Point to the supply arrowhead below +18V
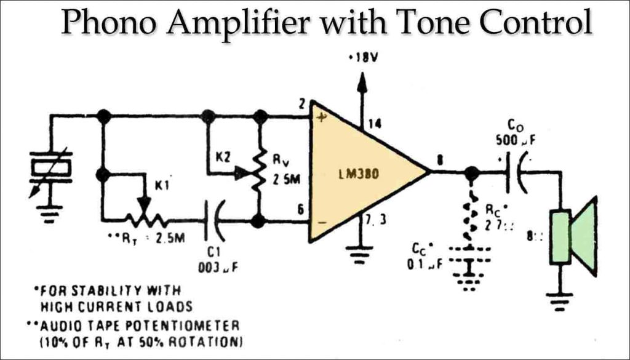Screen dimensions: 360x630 362,82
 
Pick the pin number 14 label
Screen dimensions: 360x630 373,124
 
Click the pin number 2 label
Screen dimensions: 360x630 303,104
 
